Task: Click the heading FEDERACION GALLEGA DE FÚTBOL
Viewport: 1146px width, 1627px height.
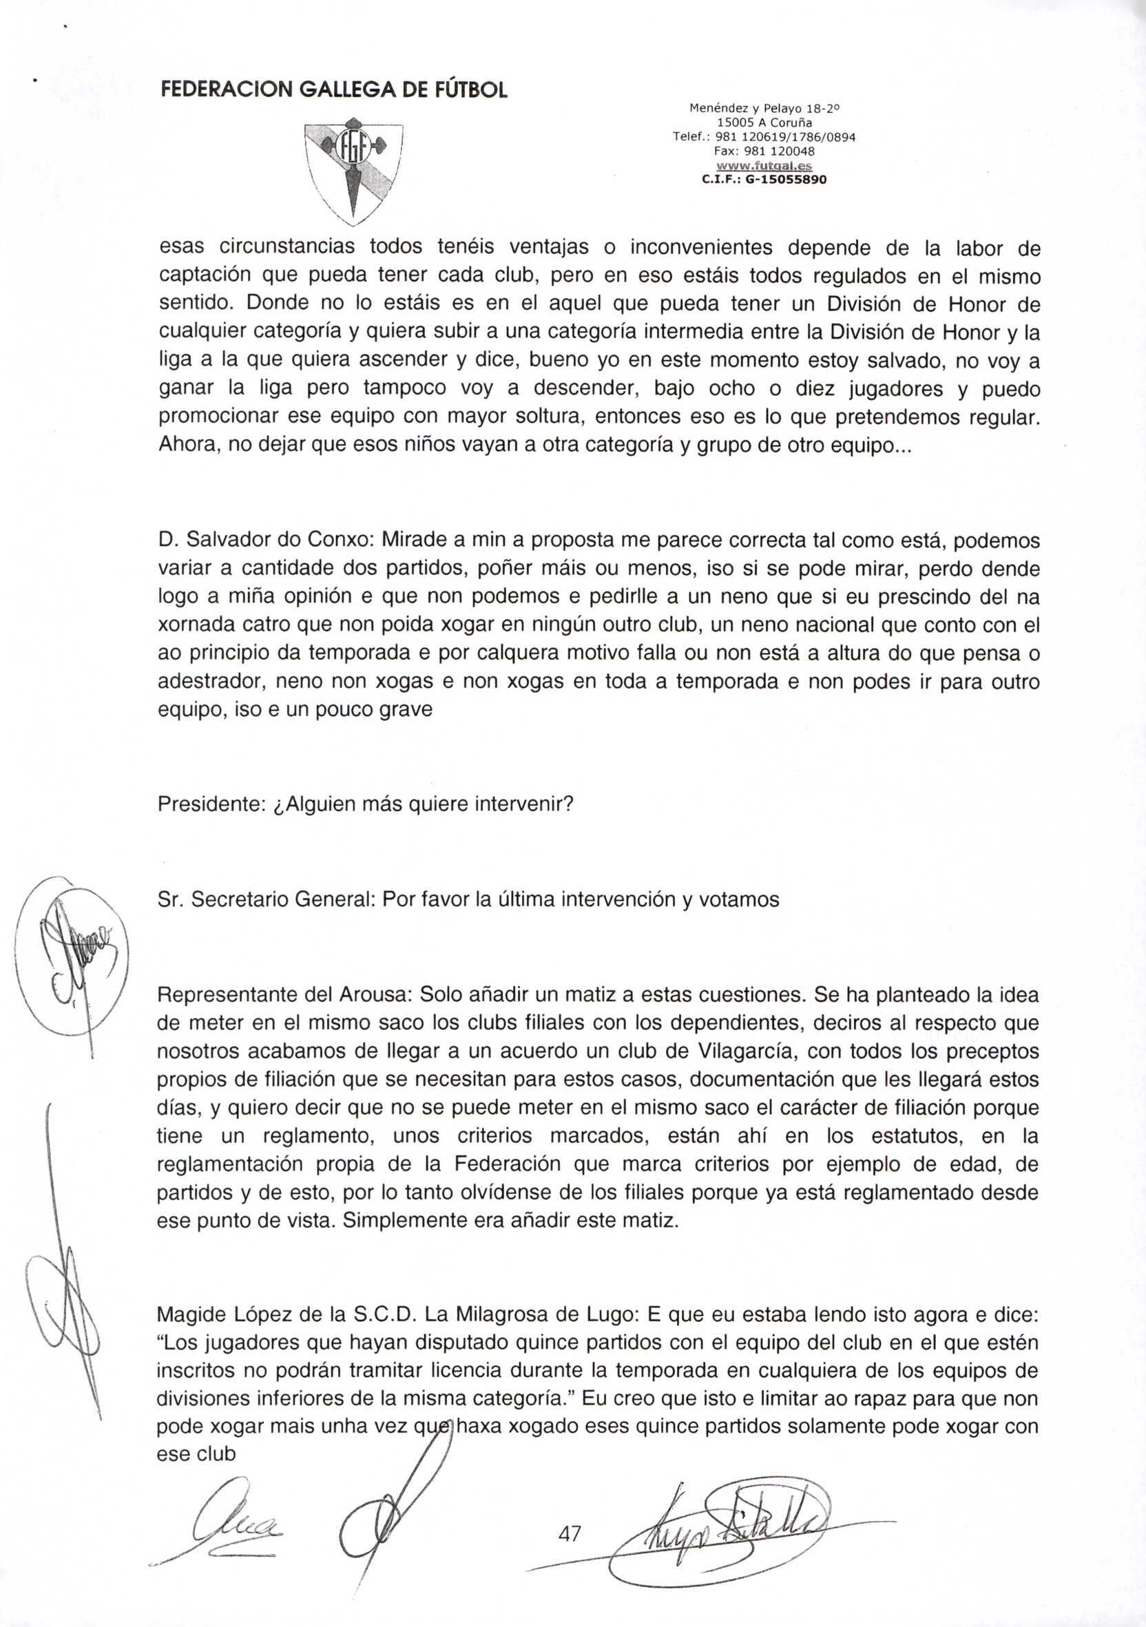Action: click(334, 90)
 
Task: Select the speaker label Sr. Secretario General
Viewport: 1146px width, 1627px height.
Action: click(266, 899)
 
